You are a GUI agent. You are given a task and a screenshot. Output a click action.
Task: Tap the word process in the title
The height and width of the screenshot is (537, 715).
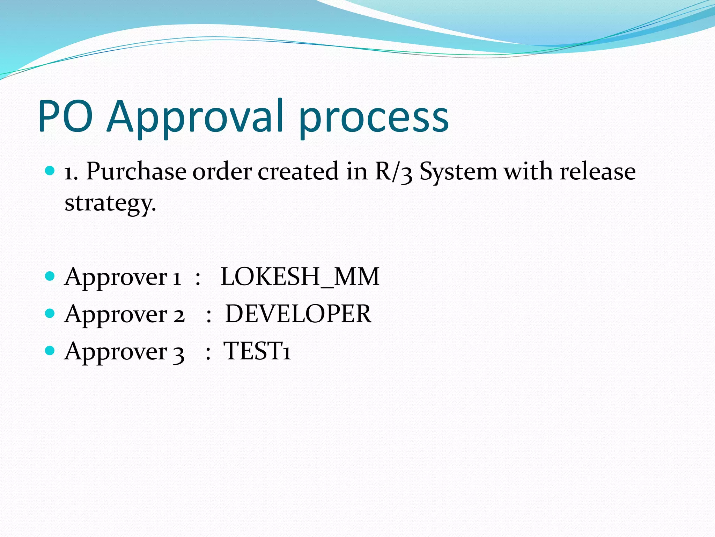tap(374, 119)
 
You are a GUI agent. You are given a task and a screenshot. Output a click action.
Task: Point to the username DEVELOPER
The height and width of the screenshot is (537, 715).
tap(298, 314)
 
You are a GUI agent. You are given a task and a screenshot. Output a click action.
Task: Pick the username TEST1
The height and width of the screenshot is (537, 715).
tap(257, 351)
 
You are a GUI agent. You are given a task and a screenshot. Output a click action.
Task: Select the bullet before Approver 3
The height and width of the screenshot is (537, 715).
tap(50, 351)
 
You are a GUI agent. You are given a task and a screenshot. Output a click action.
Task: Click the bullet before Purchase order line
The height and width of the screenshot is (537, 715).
tap(50, 171)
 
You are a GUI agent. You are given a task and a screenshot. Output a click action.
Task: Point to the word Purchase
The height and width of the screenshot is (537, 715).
tap(136, 172)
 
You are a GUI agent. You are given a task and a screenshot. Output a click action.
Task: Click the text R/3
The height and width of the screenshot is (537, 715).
tap(393, 172)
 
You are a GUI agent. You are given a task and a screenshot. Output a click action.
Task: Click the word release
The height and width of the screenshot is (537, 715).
tap(598, 172)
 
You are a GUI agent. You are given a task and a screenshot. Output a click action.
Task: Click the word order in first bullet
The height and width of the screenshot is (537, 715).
tap(222, 172)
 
